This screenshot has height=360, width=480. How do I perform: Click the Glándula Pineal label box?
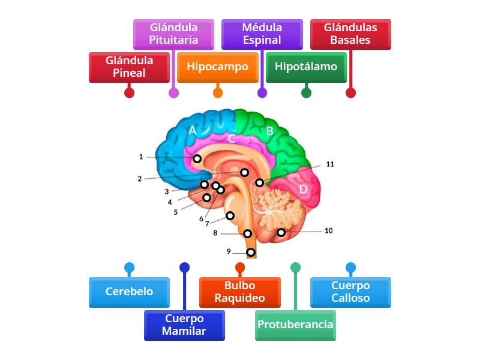pyautogui.click(x=129, y=67)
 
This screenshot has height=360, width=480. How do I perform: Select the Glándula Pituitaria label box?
pyautogui.click(x=173, y=34)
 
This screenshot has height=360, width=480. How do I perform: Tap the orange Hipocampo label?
pyautogui.click(x=217, y=67)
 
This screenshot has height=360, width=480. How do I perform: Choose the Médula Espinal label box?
pyautogui.click(x=262, y=34)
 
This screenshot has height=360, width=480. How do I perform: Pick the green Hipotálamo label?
pyautogui.click(x=306, y=67)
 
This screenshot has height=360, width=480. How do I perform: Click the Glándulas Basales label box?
pyautogui.click(x=350, y=34)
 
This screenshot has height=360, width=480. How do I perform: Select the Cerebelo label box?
pyautogui.click(x=129, y=292)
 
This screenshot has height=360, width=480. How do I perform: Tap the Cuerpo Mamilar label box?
pyautogui.click(x=184, y=325)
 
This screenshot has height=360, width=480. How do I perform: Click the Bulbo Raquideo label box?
pyautogui.click(x=239, y=292)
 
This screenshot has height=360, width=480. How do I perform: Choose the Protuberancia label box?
pyautogui.click(x=295, y=325)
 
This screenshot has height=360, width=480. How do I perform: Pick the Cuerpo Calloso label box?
pyautogui.click(x=350, y=292)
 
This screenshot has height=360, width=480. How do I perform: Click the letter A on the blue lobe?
pyautogui.click(x=193, y=130)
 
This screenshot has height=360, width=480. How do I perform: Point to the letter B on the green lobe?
pyautogui.click(x=269, y=131)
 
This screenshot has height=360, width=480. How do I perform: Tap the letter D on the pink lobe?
pyautogui.click(x=304, y=190)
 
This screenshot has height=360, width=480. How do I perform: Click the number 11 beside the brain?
pyautogui.click(x=330, y=164)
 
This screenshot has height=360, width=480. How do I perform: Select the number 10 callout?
pyautogui.click(x=328, y=230)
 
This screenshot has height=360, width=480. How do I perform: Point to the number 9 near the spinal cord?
pyautogui.click(x=229, y=251)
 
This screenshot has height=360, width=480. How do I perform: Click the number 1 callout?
pyautogui.click(x=141, y=157)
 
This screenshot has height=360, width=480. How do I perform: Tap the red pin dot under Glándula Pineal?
pyautogui.click(x=129, y=92)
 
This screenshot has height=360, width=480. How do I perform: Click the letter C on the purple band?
pyautogui.click(x=231, y=139)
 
